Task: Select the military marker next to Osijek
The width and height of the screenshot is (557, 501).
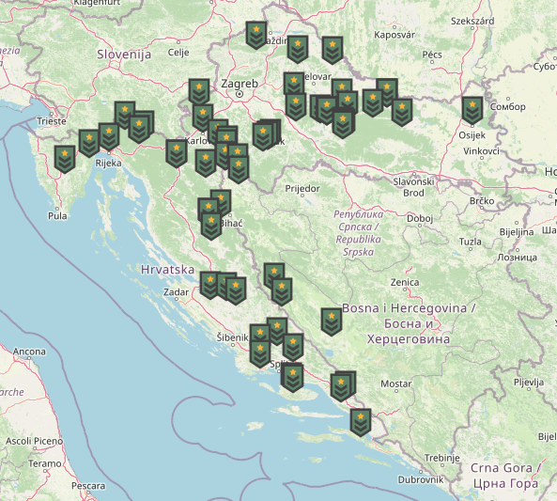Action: tap(472, 110)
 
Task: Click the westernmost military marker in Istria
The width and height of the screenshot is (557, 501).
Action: tap(65, 158)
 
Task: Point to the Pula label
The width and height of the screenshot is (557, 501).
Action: tap(57, 215)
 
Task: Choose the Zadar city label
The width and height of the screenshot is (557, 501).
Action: tap(176, 292)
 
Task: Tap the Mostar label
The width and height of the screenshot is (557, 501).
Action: tap(395, 384)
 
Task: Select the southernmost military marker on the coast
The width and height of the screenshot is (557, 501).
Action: tap(360, 422)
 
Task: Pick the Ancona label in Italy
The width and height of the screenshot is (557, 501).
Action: tap(28, 352)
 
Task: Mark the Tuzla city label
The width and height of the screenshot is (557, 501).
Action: tap(470, 242)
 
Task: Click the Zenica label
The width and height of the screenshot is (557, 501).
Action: tap(405, 282)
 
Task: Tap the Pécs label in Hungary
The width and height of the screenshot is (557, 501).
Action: tap(432, 55)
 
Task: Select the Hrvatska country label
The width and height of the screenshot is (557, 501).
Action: tap(165, 269)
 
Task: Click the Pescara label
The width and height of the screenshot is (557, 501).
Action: tap(88, 486)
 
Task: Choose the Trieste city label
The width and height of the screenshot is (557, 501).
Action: tap(52, 121)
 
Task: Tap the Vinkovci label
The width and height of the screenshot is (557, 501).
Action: tap(481, 150)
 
